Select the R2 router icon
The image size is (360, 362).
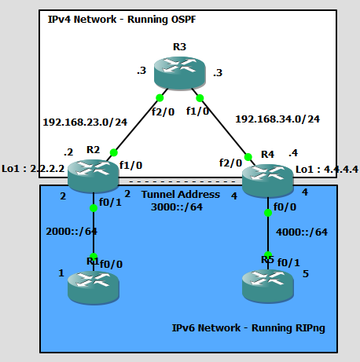pos(92,175)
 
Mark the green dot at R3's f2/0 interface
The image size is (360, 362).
pos(159,98)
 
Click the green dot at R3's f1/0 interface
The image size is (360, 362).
pos(200,98)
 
